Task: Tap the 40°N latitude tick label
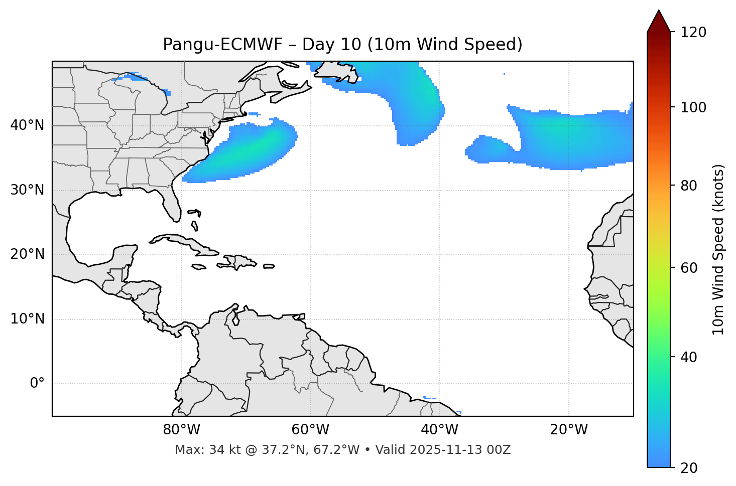tap(27, 125)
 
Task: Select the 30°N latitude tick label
tap(27, 190)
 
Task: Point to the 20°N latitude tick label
tap(27, 254)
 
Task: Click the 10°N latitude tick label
tap(27, 319)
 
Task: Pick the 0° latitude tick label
tap(37, 384)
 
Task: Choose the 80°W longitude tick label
tap(181, 430)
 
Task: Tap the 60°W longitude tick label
tap(310, 430)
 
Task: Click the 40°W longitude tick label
tap(439, 430)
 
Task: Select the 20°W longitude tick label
tap(568, 430)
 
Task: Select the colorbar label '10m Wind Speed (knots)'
tap(718, 249)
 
